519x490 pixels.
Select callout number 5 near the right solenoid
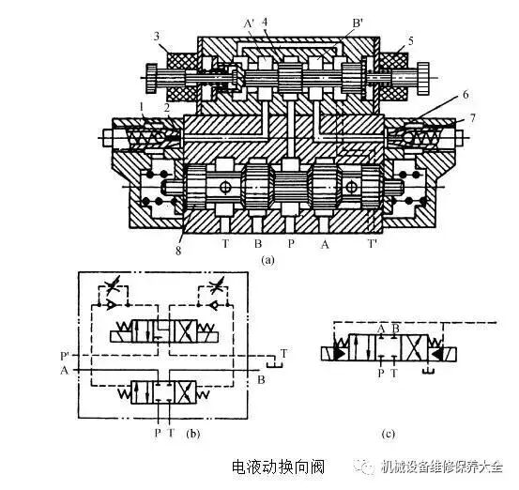tap(409, 42)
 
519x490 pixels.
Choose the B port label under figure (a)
tap(255, 243)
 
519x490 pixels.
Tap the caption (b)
tap(192, 435)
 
